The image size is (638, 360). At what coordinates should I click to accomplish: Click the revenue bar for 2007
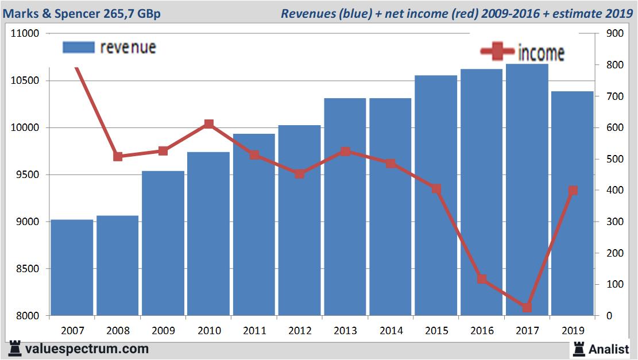click(72, 268)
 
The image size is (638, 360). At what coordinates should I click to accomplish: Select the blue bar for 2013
click(345, 207)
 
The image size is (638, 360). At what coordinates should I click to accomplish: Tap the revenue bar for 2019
click(573, 204)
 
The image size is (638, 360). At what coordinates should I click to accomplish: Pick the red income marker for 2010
click(208, 124)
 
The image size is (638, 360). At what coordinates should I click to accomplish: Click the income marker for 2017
click(527, 308)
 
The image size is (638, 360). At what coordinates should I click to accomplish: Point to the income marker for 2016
click(482, 280)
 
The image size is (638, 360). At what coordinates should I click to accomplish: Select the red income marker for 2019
click(573, 191)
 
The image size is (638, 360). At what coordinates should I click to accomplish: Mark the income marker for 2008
click(118, 156)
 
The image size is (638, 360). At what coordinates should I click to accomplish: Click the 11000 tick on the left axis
click(25, 33)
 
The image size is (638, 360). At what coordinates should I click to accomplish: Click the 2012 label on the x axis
click(300, 331)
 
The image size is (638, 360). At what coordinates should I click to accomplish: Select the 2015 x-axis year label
click(436, 331)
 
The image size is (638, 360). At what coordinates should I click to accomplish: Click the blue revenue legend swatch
click(78, 47)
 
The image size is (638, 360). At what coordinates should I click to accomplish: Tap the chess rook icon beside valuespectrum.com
click(16, 349)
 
